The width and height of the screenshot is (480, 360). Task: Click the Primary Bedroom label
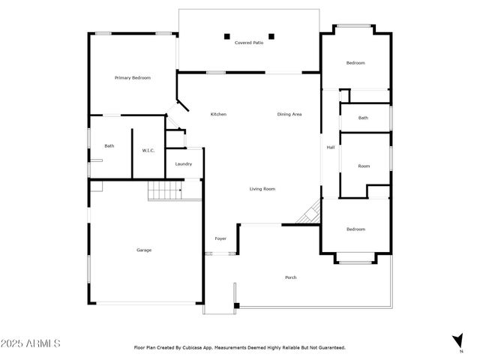pos(133,78)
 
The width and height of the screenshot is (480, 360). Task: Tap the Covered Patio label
pos(248,43)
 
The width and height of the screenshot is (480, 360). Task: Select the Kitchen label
pos(218,114)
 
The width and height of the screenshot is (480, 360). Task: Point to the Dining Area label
pos(289,114)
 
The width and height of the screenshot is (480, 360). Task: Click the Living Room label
pos(262,189)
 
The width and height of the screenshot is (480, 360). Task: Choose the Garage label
pos(143,250)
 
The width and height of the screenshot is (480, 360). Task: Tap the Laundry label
pos(184,164)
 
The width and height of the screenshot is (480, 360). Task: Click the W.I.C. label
pos(148,151)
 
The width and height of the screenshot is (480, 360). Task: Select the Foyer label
pos(220,238)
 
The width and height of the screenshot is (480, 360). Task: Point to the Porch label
pos(291,277)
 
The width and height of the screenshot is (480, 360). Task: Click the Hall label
pos(330,147)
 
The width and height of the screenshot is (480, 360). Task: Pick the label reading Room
pos(364,166)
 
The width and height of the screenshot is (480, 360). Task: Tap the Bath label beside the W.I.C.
pos(109,146)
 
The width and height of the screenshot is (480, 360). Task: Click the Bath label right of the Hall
pos(363,118)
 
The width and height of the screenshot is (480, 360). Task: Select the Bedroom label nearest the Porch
pos(355,229)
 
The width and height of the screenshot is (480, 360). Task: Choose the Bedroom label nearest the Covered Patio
pos(355,63)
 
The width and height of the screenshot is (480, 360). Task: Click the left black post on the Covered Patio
pos(226,35)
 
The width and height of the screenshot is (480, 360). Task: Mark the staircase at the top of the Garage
pos(165,192)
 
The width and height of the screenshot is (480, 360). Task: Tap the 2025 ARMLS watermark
pos(31,343)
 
